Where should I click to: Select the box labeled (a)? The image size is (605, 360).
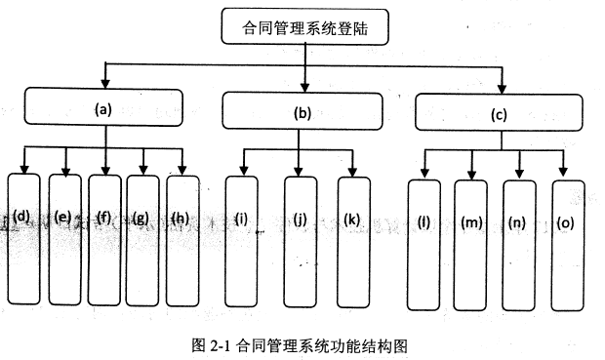point(103,109)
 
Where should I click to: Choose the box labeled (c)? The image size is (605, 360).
point(500,113)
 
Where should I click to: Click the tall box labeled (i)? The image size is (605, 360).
point(243,238)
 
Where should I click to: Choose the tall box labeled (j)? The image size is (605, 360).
point(302,238)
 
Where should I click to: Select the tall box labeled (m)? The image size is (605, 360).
point(472,241)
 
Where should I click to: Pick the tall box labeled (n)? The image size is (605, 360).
point(518,241)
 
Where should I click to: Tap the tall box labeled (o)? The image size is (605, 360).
point(565,241)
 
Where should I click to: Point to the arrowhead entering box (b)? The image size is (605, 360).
point(306,86)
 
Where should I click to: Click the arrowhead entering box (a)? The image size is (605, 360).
point(104,83)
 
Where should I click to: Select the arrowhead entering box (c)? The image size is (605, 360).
point(503,86)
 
